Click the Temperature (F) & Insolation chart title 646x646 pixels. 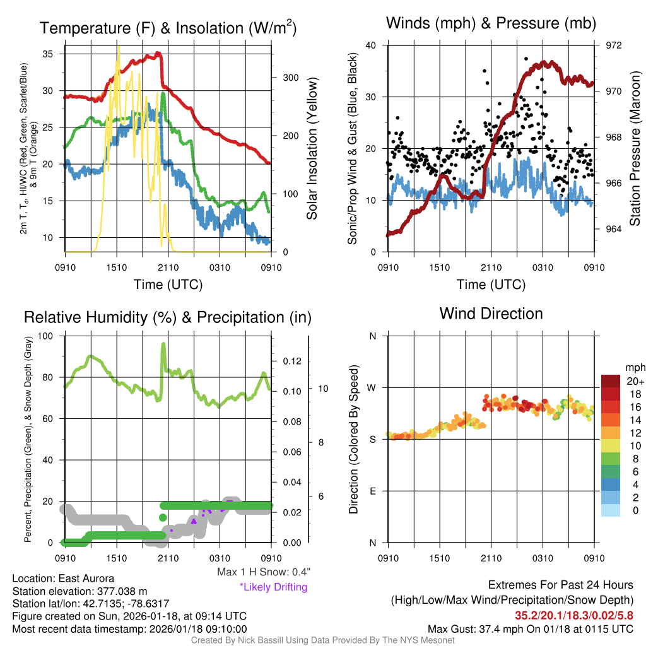coord(168,28)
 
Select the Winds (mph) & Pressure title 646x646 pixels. coord(491,24)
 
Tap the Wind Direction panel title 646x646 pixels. coord(491,314)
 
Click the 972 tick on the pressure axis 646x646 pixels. coord(614,45)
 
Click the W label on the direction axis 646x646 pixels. coord(372,387)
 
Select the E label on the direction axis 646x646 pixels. coord(372,491)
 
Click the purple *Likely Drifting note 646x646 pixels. coord(273,587)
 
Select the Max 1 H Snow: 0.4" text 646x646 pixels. coord(263,572)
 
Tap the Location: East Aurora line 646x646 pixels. coord(56,578)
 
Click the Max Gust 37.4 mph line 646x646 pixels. coord(530,628)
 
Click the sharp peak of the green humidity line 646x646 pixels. coord(163,344)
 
